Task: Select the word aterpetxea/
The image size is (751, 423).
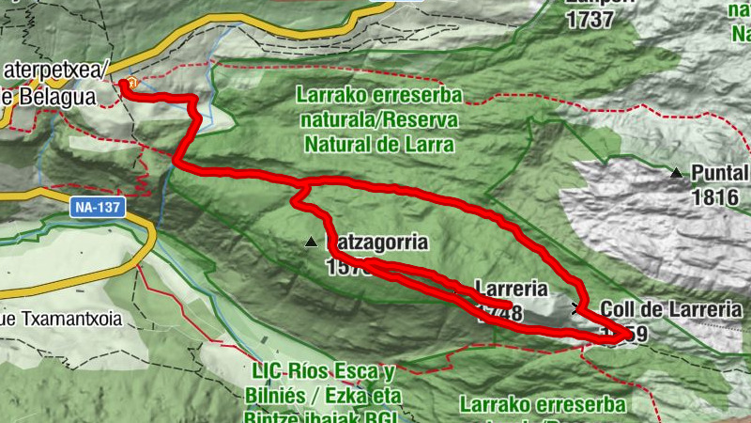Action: click(58, 70)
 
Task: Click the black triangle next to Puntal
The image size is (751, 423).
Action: click(676, 173)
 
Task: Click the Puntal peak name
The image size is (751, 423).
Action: click(720, 174)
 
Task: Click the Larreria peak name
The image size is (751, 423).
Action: click(509, 288)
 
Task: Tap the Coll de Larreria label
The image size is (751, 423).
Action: click(670, 309)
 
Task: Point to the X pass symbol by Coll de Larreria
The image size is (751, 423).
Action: click(576, 307)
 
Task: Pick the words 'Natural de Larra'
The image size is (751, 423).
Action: click(379, 145)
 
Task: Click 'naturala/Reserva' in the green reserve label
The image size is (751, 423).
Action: click(378, 120)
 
